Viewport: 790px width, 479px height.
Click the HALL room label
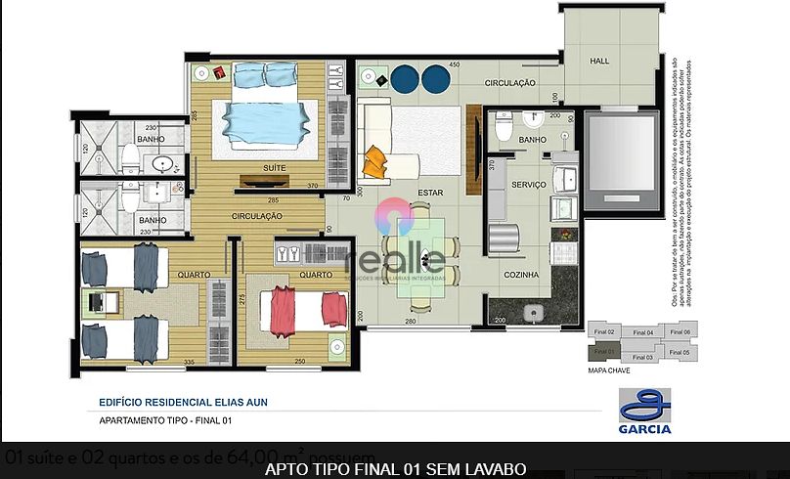tap(599, 62)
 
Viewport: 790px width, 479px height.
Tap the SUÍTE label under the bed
tap(275, 168)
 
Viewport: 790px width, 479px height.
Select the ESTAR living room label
tap(430, 193)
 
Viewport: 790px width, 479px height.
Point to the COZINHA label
tap(522, 275)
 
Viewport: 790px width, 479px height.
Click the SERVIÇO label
tap(528, 184)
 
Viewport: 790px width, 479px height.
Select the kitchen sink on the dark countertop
tap(533, 312)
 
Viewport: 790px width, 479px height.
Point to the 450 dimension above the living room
tap(454, 65)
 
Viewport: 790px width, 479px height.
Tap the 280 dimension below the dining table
tap(412, 321)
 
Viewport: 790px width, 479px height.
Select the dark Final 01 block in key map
tap(603, 351)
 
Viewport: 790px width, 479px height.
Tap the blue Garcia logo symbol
tap(644, 404)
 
